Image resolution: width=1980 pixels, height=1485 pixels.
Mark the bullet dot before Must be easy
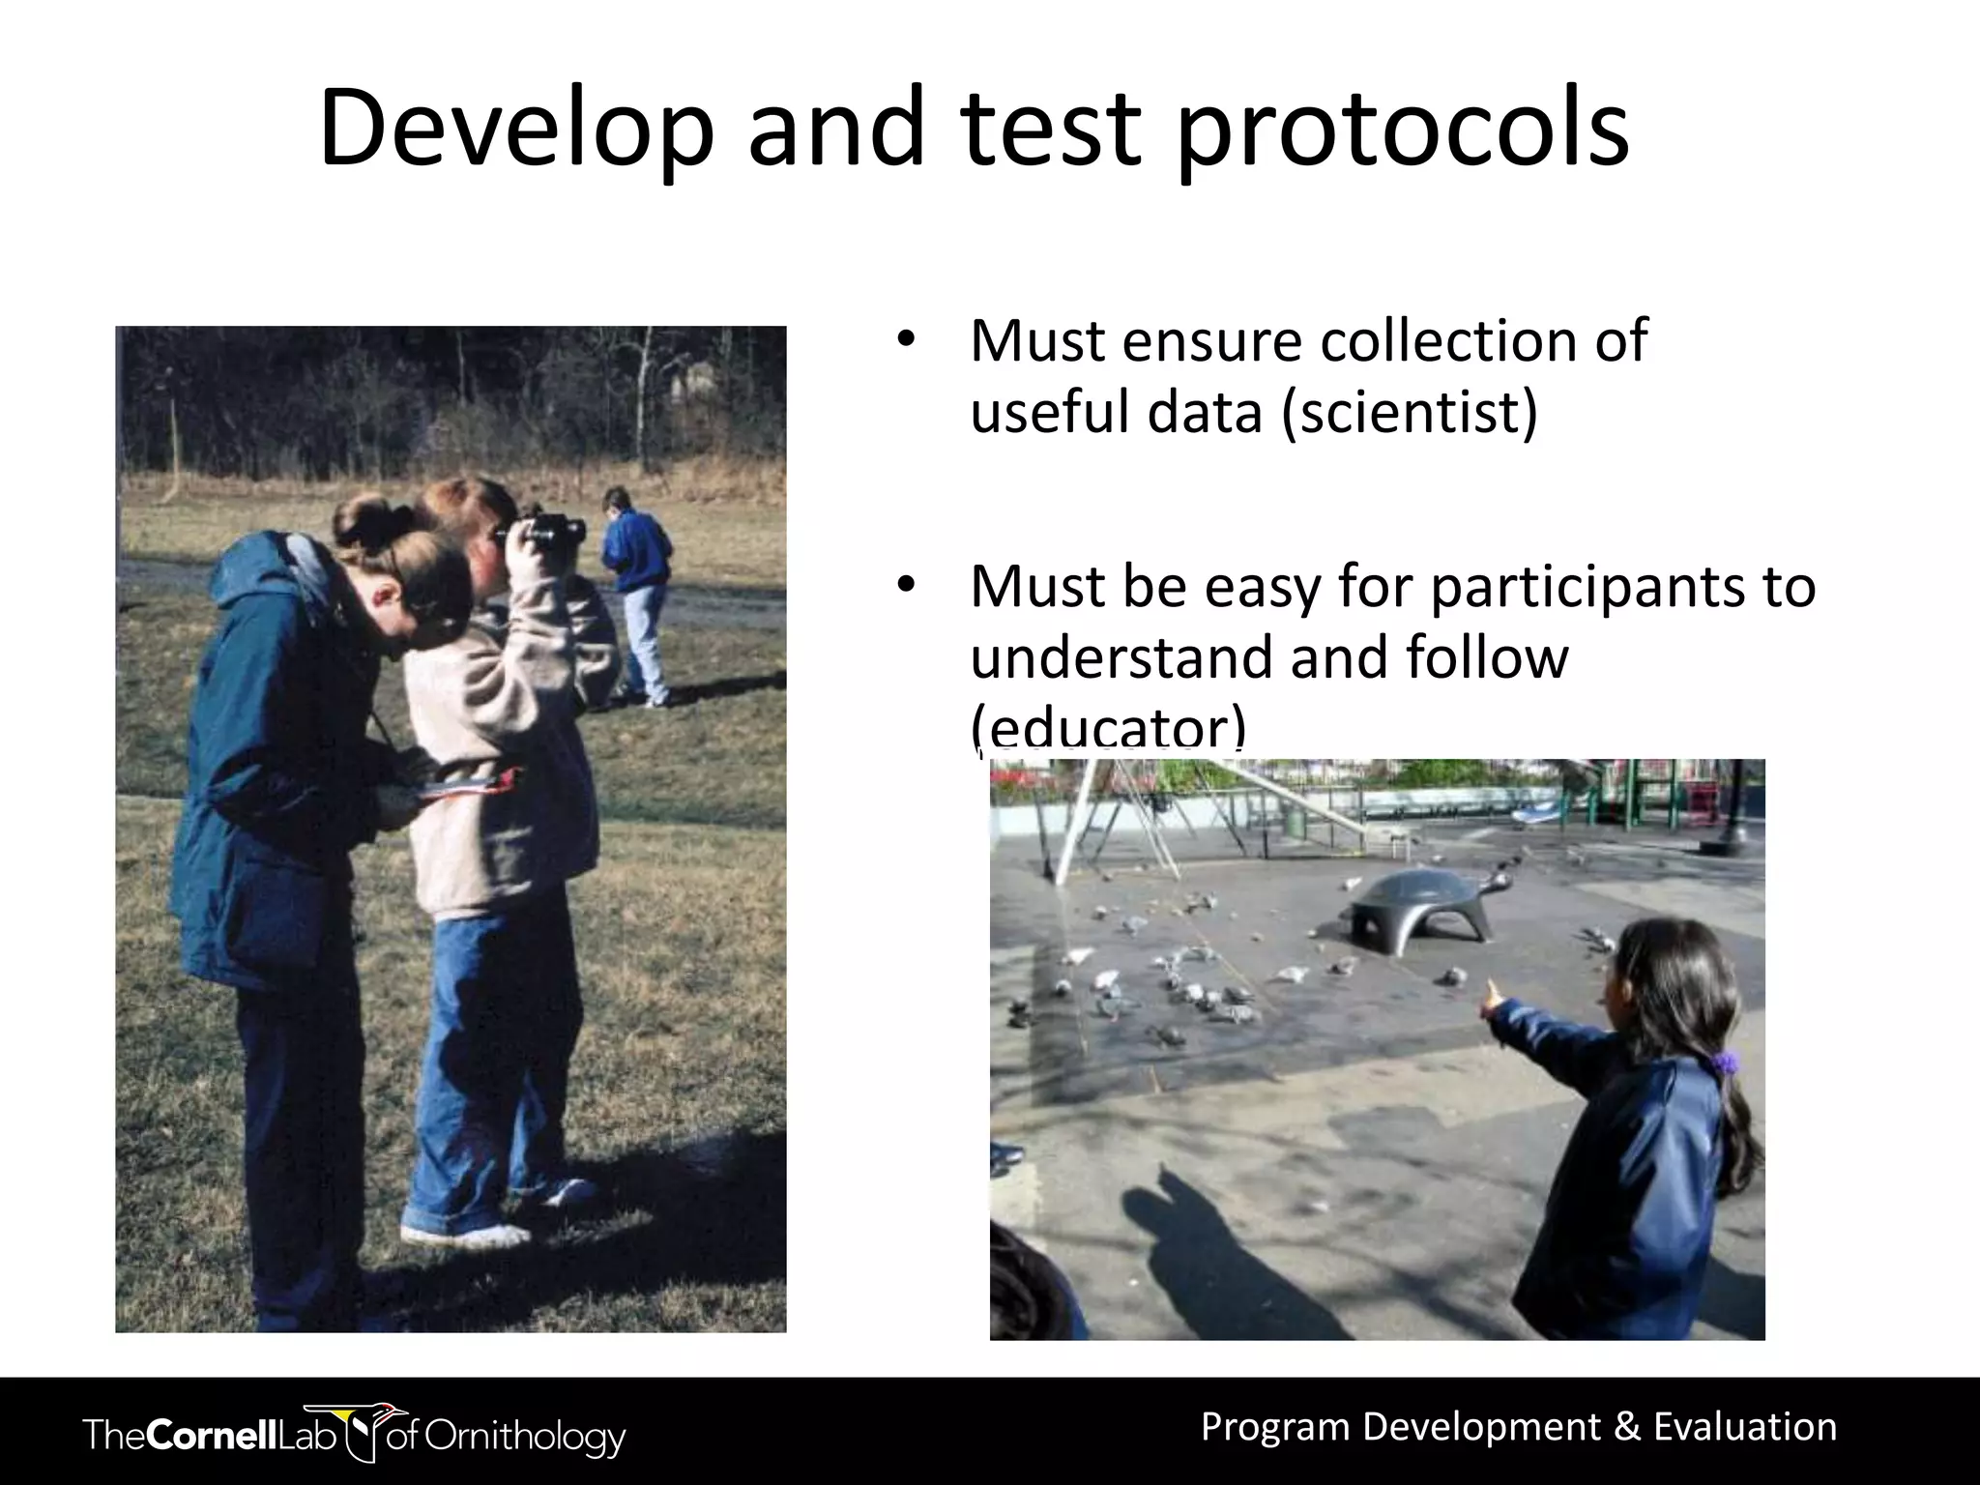click(905, 586)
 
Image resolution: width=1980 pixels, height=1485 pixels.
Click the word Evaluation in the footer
click(1745, 1427)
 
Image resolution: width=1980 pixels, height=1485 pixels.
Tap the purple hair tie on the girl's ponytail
click(1725, 1063)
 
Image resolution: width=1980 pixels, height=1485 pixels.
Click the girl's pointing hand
click(1495, 996)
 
